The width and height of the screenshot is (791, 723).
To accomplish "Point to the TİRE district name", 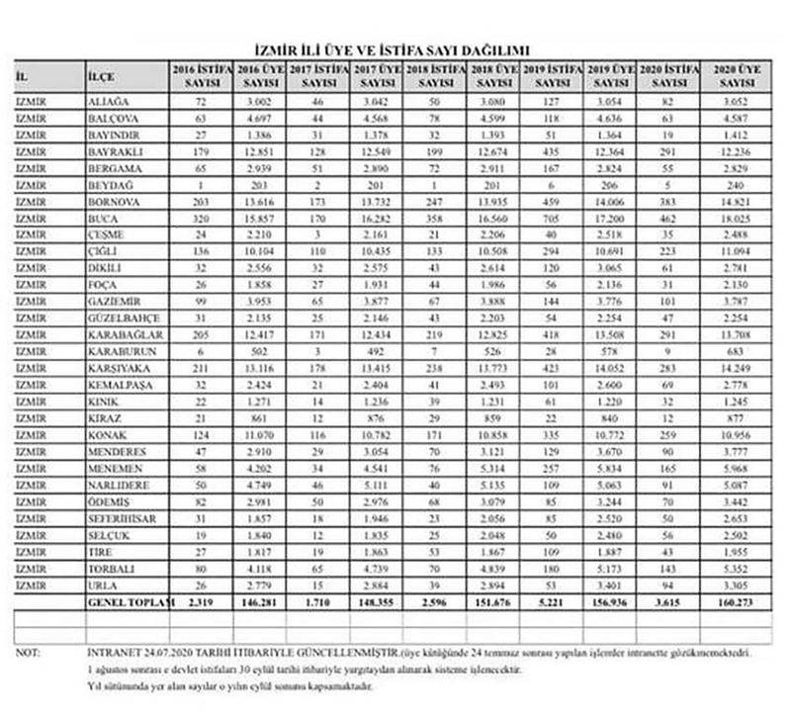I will (x=100, y=551).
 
